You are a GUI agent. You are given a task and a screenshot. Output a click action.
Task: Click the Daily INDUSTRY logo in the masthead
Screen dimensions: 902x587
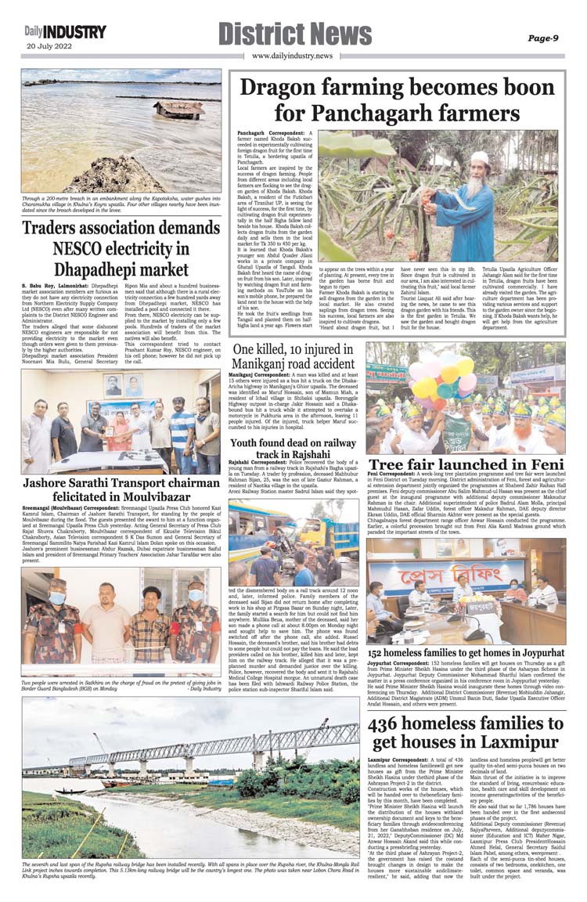[64, 31]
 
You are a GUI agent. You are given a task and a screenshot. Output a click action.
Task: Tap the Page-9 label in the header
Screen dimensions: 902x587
[542, 37]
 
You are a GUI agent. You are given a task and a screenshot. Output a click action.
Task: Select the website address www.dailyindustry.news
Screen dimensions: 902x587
[292, 56]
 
